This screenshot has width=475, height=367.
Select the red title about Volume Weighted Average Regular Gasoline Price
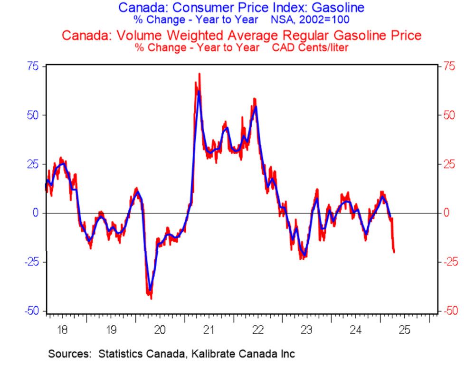click(x=242, y=36)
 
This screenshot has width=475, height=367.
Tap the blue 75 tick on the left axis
click(x=32, y=66)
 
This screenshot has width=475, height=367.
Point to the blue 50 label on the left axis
click(x=32, y=115)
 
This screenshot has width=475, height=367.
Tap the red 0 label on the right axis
click(x=446, y=213)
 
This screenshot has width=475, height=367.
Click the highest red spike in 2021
click(x=199, y=74)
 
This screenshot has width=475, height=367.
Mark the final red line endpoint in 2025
click(x=394, y=252)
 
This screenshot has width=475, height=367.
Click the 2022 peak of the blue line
click(x=256, y=107)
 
